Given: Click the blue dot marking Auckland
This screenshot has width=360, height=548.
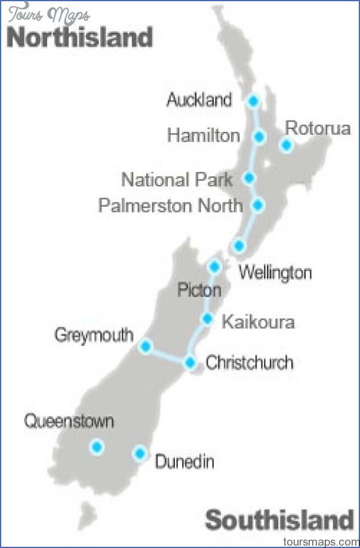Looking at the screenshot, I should point(254,101).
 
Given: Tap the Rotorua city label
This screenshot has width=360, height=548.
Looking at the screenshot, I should point(317,128).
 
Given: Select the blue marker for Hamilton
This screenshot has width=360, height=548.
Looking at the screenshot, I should point(259,137).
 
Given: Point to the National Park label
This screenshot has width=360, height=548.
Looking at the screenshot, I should point(177,179).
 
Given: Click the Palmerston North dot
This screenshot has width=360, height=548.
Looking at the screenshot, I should point(258,205).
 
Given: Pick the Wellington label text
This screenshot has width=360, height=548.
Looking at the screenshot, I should point(275,273).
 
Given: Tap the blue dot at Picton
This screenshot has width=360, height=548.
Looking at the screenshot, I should point(214,266).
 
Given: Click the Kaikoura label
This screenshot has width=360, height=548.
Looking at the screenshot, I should point(258,322).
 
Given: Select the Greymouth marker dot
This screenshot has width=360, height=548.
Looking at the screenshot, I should point(145,346).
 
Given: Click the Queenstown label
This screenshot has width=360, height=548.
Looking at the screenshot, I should point(69,421).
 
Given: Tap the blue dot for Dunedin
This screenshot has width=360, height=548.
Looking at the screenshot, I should point(140,453).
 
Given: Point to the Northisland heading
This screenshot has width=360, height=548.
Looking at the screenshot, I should point(80,38).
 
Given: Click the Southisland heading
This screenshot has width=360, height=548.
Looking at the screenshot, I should point(279,521).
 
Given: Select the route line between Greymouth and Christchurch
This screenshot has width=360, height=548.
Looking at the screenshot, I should point(168,355).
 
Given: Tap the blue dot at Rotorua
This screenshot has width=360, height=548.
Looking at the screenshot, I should point(287,144).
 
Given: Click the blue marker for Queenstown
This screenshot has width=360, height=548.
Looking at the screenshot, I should point(96,447).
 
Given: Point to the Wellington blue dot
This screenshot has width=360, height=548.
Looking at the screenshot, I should point(239,245).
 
